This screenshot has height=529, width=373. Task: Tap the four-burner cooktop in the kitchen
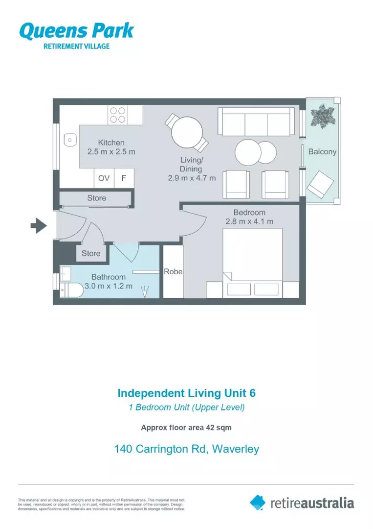click(117, 115)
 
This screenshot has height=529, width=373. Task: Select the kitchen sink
click(70, 140)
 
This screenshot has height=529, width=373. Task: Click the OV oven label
click(104, 178)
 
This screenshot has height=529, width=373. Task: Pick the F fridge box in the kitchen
click(124, 178)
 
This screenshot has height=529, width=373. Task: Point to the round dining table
click(187, 131)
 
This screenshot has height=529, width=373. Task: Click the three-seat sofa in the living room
click(256, 121)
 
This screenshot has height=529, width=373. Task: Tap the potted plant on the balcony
click(323, 116)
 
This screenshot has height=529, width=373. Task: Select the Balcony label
click(322, 151)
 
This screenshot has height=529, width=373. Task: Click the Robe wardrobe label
click(173, 271)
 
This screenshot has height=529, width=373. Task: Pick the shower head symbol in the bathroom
click(145, 292)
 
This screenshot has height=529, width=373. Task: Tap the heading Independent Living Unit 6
click(186, 393)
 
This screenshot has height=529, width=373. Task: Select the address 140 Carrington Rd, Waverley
click(186, 449)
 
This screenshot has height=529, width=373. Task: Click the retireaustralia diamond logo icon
click(258, 502)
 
